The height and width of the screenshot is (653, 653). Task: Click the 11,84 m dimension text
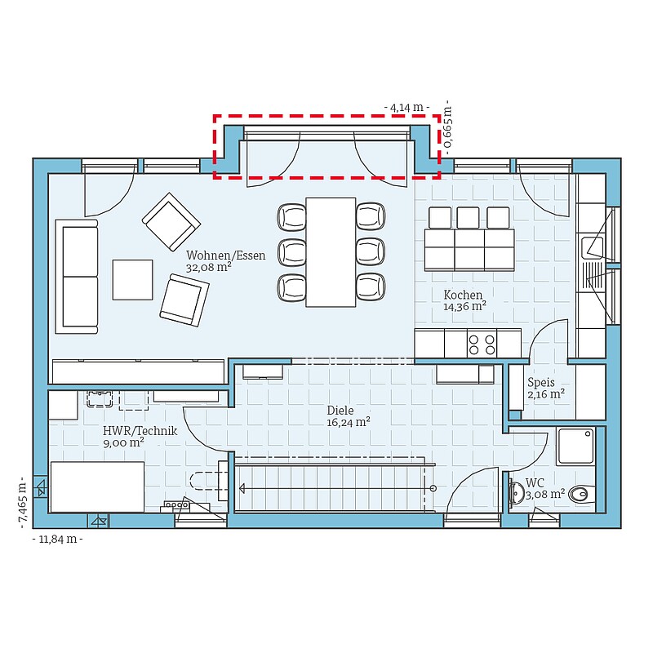click(57, 540)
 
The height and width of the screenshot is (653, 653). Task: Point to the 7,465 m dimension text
click(23, 503)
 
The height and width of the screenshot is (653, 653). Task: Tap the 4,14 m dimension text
click(406, 108)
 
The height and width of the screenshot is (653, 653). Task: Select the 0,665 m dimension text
click(447, 127)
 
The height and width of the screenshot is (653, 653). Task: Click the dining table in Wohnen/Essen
click(331, 252)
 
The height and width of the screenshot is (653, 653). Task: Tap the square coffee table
click(132, 280)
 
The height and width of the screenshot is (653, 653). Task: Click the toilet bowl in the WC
click(579, 495)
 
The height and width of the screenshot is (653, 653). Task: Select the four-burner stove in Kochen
click(482, 344)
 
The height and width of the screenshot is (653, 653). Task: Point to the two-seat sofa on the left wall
click(77, 277)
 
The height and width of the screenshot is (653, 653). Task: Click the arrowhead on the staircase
click(242, 488)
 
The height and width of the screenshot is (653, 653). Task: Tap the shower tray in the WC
click(575, 446)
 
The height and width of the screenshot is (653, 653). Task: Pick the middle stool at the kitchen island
click(468, 217)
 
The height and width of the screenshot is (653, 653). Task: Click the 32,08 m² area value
click(208, 268)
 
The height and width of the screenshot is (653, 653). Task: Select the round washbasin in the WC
click(517, 493)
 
